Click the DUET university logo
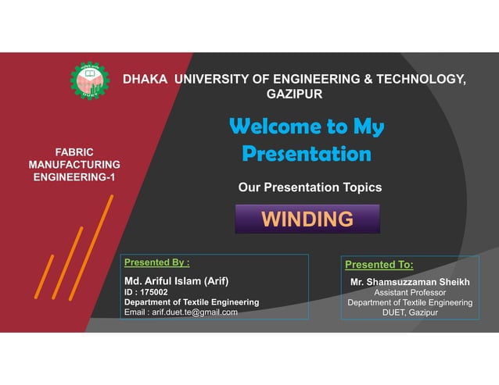(90, 80)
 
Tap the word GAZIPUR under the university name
(295, 94)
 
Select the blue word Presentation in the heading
(307, 153)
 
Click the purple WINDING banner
(307, 219)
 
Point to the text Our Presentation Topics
(310, 187)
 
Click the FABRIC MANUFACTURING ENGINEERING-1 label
(74, 165)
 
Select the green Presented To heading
(379, 265)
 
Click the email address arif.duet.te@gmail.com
(181, 312)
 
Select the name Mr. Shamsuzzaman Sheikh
(410, 280)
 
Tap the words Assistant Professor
(410, 292)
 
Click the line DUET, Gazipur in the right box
(410, 312)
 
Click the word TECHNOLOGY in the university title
(420, 79)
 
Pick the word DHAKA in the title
(145, 79)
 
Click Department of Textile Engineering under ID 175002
(192, 301)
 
